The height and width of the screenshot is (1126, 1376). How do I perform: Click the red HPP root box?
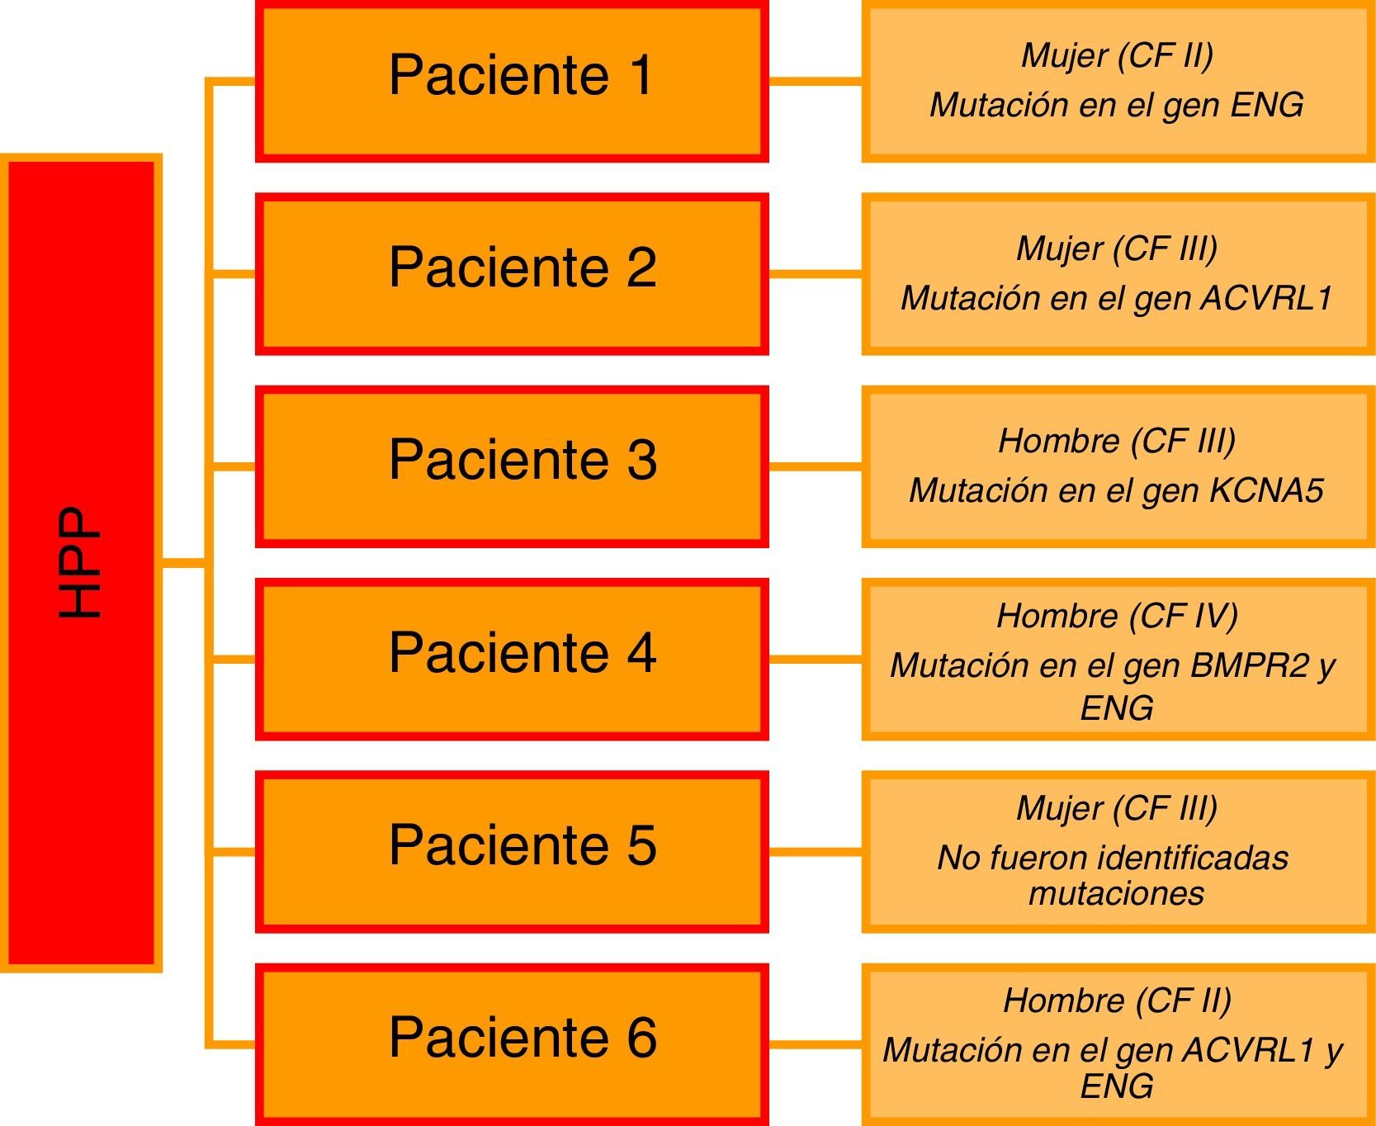coord(81,563)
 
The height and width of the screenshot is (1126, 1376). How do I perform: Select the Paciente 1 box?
coord(512,81)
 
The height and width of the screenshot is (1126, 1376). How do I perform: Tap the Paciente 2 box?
coord(512,273)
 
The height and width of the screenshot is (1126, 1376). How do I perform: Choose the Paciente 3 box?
coord(512,466)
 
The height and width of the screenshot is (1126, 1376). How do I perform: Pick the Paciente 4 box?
coord(512,659)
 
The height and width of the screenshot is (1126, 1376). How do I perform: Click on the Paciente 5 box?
coord(512,851)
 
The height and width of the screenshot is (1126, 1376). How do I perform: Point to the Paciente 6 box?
coord(512,1043)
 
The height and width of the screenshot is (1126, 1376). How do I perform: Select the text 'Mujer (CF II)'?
coord(1117,55)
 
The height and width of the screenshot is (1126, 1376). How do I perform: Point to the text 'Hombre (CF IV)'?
coord(1117,616)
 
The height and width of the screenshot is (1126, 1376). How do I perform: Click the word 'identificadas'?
coord(1194,858)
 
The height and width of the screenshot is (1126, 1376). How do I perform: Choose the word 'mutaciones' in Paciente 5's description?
coord(1116,893)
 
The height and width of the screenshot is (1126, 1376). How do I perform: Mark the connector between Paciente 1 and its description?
coord(815,81)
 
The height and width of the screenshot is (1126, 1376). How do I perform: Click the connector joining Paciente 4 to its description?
coord(815,659)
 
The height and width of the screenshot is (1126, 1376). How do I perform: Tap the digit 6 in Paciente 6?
coord(641,1038)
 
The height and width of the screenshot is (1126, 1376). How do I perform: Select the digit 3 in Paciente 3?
coord(641,460)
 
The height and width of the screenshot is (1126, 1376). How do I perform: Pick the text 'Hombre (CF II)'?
coord(1117,1001)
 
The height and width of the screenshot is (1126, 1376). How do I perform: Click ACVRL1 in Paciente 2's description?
coord(1266,298)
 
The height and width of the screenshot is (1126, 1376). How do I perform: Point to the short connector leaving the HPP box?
coord(183,563)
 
